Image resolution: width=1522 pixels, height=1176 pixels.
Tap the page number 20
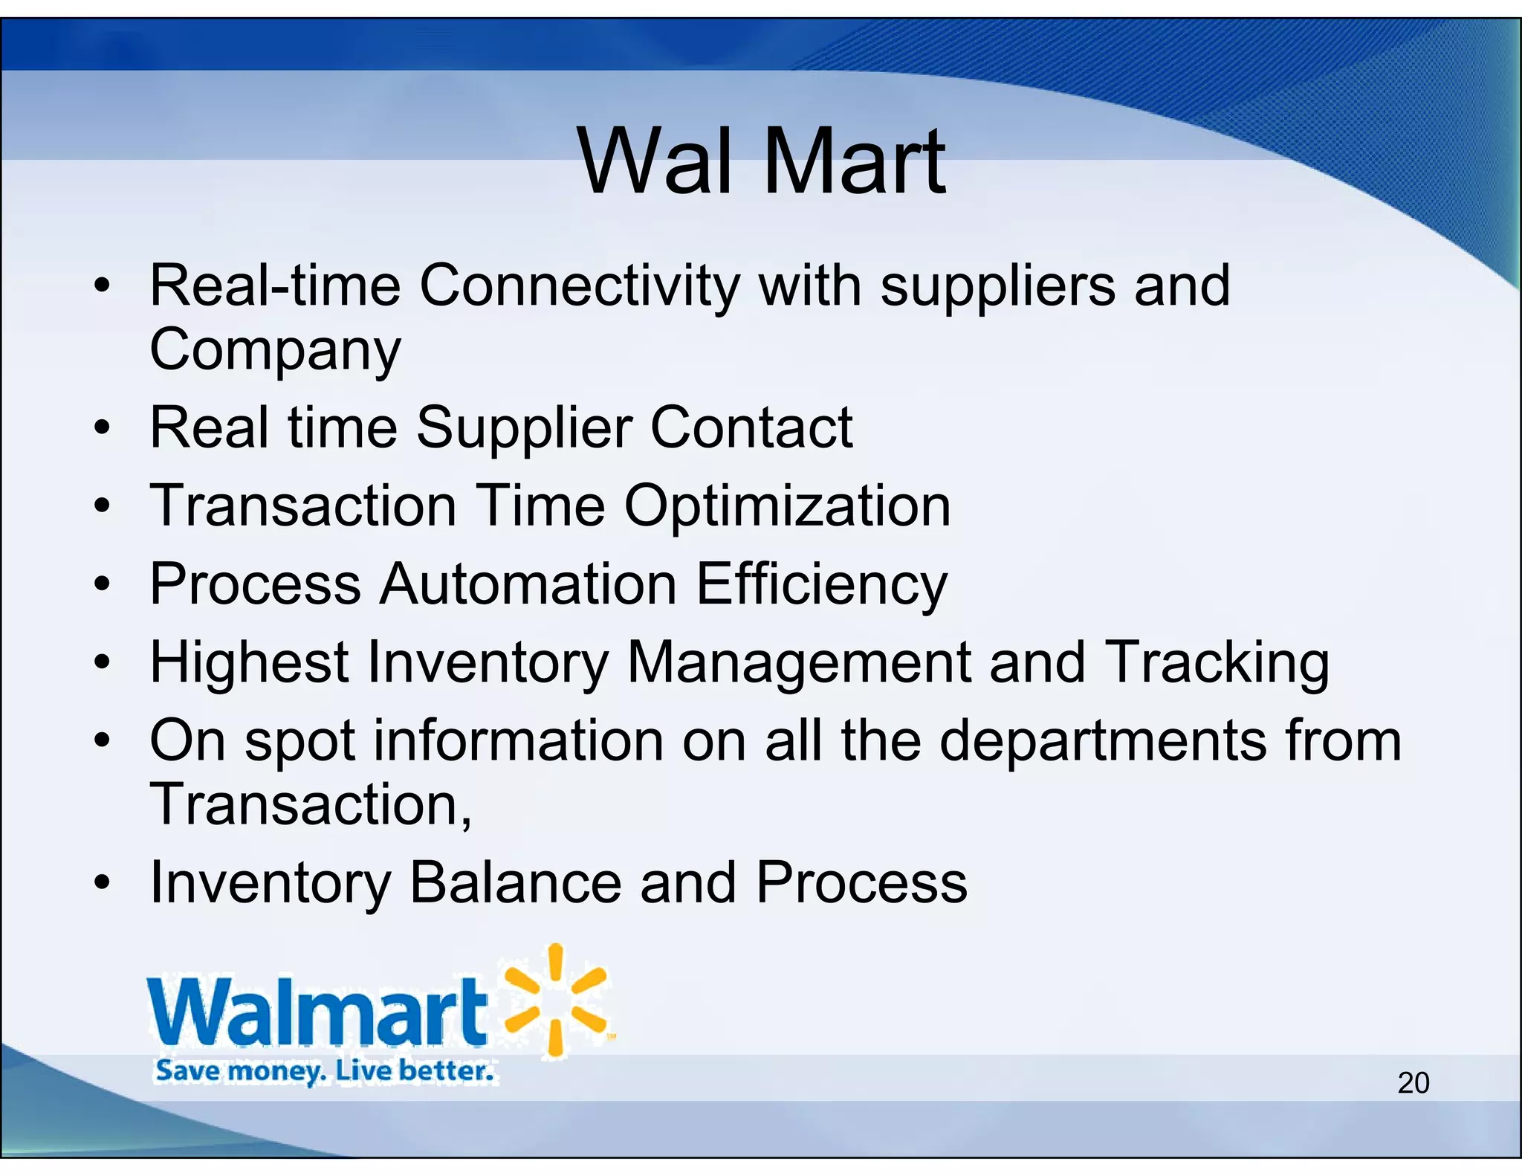coord(1413,1083)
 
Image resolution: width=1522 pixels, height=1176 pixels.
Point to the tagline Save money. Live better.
coord(324,1071)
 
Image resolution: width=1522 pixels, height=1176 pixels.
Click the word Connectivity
coord(580,286)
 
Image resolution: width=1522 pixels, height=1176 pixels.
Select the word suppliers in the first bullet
coord(997,286)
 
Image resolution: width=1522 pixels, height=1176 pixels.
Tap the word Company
coord(274,350)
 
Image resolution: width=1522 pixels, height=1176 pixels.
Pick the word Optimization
coord(787,506)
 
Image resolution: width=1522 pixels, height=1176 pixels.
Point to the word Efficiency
coord(821,584)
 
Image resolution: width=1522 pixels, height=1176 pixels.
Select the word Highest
coord(249,662)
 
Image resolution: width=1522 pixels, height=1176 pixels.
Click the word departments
coord(1103,741)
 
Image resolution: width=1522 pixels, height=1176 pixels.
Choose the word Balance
coord(515,883)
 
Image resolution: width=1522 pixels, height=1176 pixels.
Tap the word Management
coord(798,662)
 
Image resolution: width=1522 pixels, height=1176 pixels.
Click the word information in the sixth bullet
coord(518,741)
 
